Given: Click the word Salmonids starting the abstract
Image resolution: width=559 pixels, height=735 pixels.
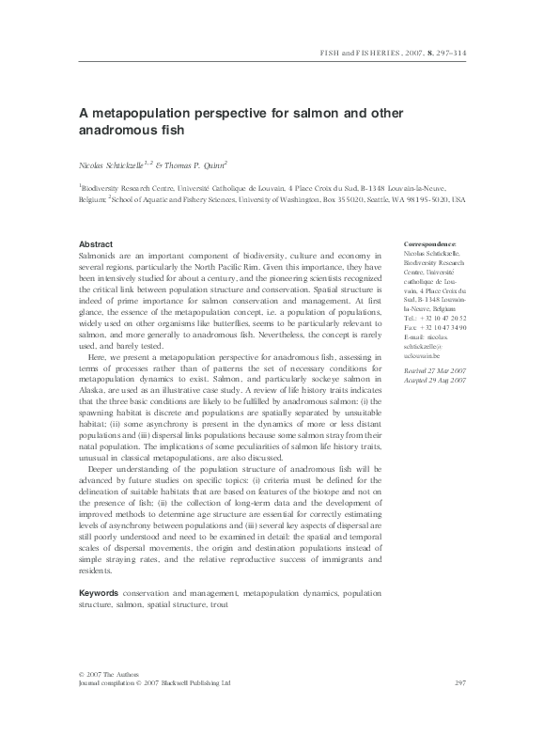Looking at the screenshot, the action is [98, 255].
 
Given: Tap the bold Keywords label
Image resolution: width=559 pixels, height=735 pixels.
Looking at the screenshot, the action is [99, 594].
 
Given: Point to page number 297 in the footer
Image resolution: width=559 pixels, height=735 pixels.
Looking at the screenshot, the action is [460, 683].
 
